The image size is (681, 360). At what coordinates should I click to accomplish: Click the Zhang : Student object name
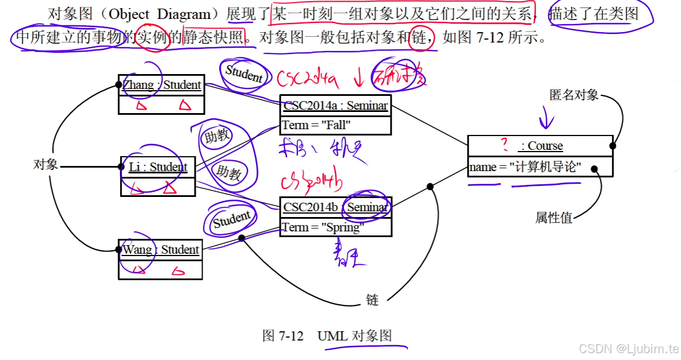click(161, 86)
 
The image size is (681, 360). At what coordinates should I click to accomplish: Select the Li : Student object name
click(158, 167)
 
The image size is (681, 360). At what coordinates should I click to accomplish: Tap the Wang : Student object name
click(161, 250)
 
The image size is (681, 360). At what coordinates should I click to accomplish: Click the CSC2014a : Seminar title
click(335, 106)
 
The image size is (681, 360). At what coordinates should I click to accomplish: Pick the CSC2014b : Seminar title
click(336, 207)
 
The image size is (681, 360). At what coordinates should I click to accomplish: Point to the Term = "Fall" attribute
click(316, 125)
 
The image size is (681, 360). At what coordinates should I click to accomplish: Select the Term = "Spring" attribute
click(322, 227)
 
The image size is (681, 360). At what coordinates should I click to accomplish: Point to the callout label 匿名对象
click(574, 95)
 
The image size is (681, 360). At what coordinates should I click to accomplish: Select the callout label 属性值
click(554, 218)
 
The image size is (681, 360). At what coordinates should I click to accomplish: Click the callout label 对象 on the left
click(45, 165)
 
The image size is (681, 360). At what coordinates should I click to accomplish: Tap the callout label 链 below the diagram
click(373, 300)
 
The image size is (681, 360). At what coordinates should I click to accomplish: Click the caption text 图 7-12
click(283, 336)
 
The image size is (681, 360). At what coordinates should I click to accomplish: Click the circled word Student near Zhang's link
click(243, 73)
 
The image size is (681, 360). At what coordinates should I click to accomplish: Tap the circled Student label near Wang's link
click(232, 219)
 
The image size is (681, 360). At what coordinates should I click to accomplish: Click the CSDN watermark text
click(628, 349)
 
